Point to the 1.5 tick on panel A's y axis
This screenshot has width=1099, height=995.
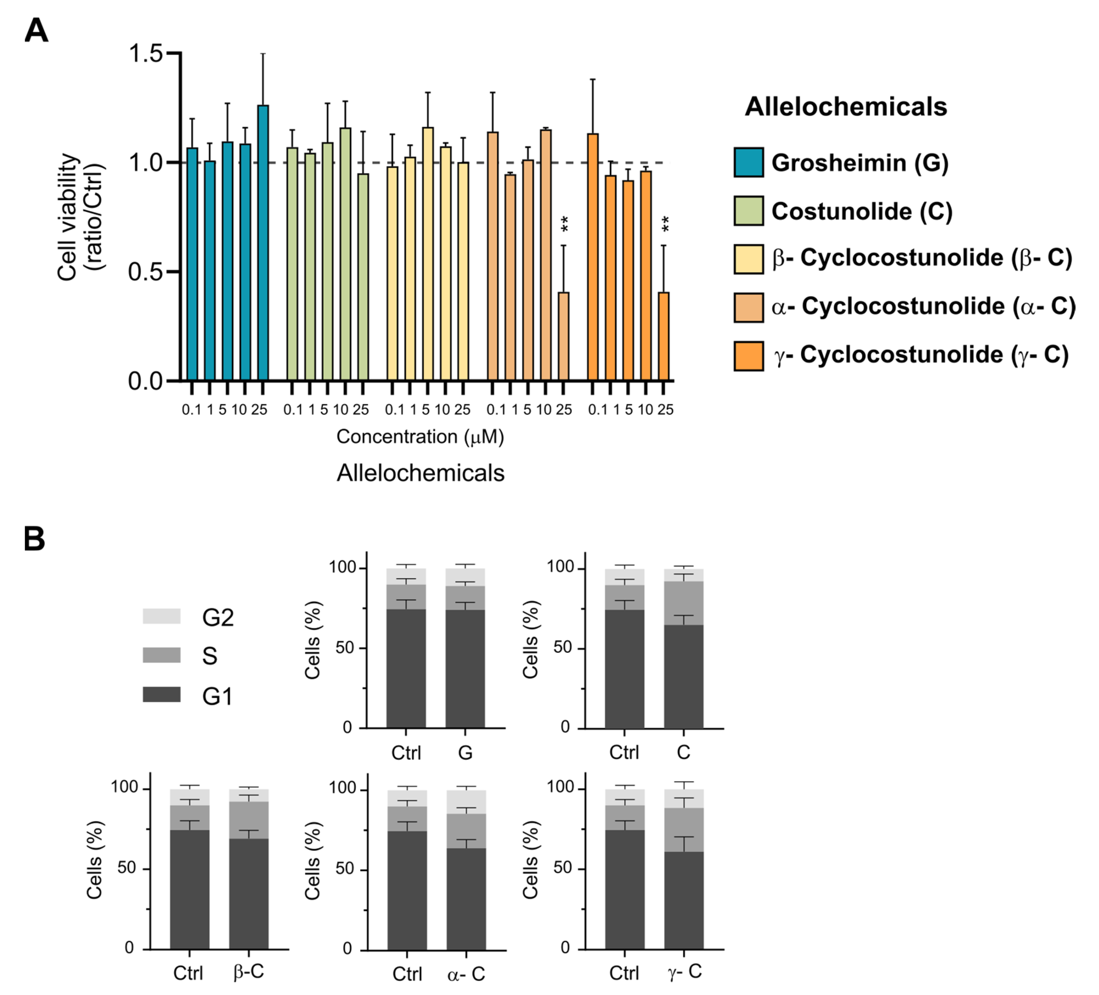click(x=146, y=53)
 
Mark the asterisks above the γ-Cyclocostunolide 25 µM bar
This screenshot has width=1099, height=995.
click(x=665, y=224)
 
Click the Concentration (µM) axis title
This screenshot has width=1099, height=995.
click(x=420, y=437)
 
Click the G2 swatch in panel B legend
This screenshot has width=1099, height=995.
click(x=161, y=616)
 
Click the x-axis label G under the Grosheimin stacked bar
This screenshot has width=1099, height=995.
click(x=465, y=753)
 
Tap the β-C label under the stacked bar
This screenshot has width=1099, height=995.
click(x=248, y=972)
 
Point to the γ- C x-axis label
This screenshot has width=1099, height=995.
click(x=684, y=972)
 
